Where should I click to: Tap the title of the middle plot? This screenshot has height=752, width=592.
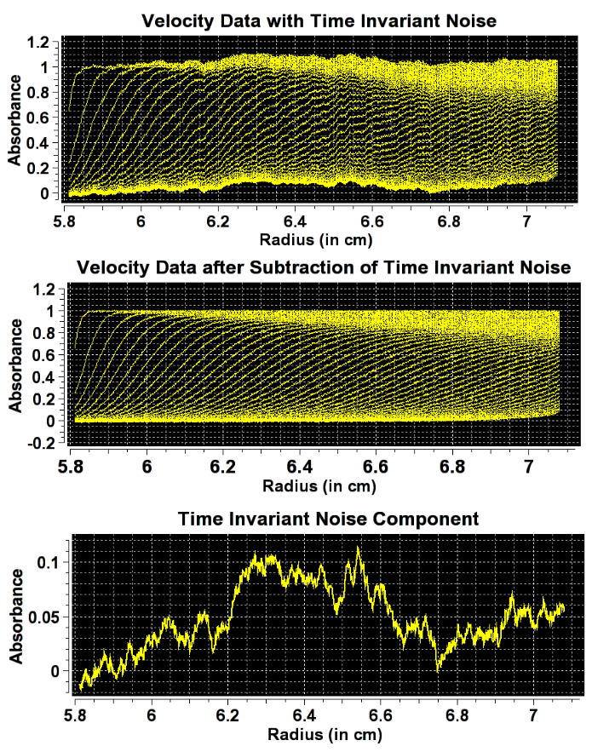(x=324, y=267)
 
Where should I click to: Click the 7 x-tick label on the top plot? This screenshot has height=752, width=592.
(x=526, y=222)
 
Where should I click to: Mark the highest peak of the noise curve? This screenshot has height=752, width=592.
(x=359, y=548)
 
